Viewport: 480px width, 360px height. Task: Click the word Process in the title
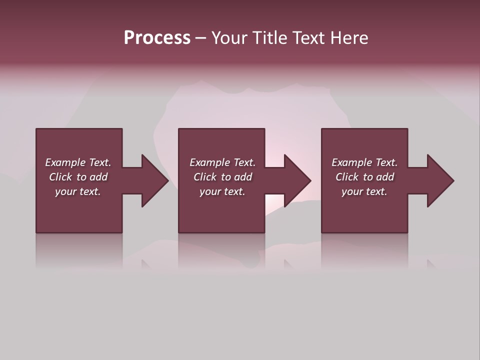[157, 38]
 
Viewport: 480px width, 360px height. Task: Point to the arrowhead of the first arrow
[154, 180]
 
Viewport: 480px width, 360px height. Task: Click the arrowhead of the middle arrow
[297, 180]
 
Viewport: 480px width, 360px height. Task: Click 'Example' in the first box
[65, 162]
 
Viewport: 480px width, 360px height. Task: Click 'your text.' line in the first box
[78, 191]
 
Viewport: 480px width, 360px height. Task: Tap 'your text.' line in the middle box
[222, 191]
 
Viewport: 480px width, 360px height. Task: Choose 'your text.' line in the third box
[364, 191]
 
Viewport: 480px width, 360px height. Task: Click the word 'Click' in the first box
[60, 177]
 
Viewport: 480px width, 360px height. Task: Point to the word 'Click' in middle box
[204, 177]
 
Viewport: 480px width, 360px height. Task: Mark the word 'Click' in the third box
[346, 177]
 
